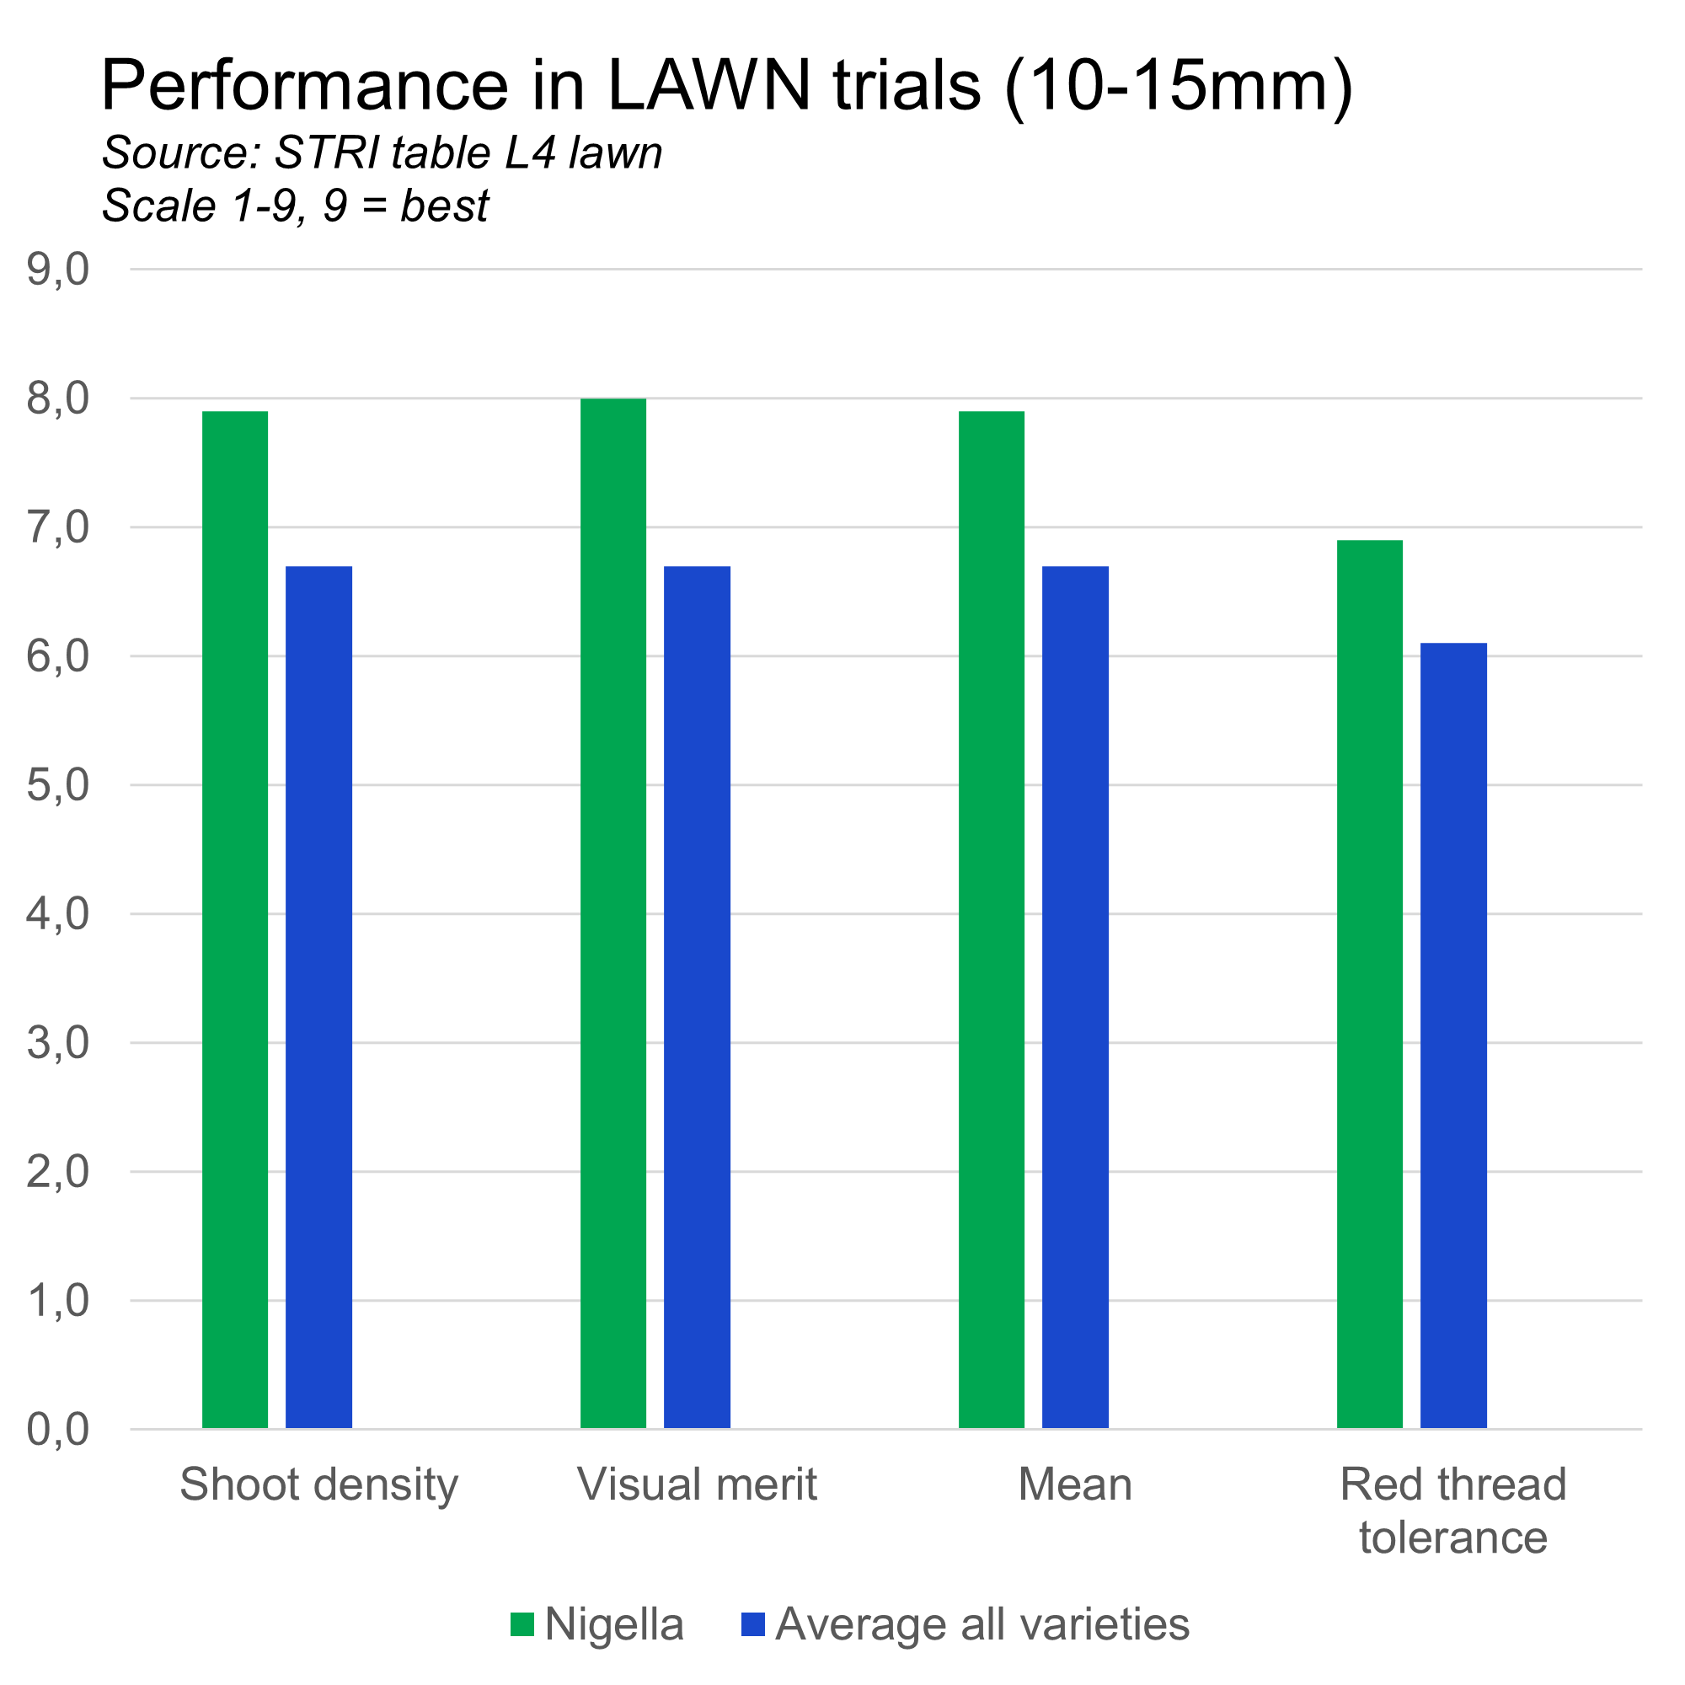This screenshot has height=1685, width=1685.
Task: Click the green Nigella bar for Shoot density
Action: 236,919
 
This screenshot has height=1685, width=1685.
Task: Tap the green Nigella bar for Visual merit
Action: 614,913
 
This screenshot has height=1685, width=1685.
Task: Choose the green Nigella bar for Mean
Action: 992,919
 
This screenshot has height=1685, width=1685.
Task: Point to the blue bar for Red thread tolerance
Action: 1454,1035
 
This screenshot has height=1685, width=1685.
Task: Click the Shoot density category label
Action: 319,1484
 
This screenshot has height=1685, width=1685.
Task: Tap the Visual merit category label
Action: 698,1484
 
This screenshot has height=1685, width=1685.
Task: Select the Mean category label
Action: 1075,1484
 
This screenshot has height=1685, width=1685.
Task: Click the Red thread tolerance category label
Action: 1454,1511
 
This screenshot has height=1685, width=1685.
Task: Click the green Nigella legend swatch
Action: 522,1625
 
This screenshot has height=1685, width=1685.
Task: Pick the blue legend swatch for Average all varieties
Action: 752,1625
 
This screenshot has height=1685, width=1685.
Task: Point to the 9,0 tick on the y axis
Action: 58,270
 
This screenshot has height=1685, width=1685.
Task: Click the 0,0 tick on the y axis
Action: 58,1431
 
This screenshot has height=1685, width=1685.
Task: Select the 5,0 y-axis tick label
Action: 58,786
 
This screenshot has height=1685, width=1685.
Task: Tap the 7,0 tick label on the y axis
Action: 58,527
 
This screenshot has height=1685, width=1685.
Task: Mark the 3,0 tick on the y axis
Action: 58,1043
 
